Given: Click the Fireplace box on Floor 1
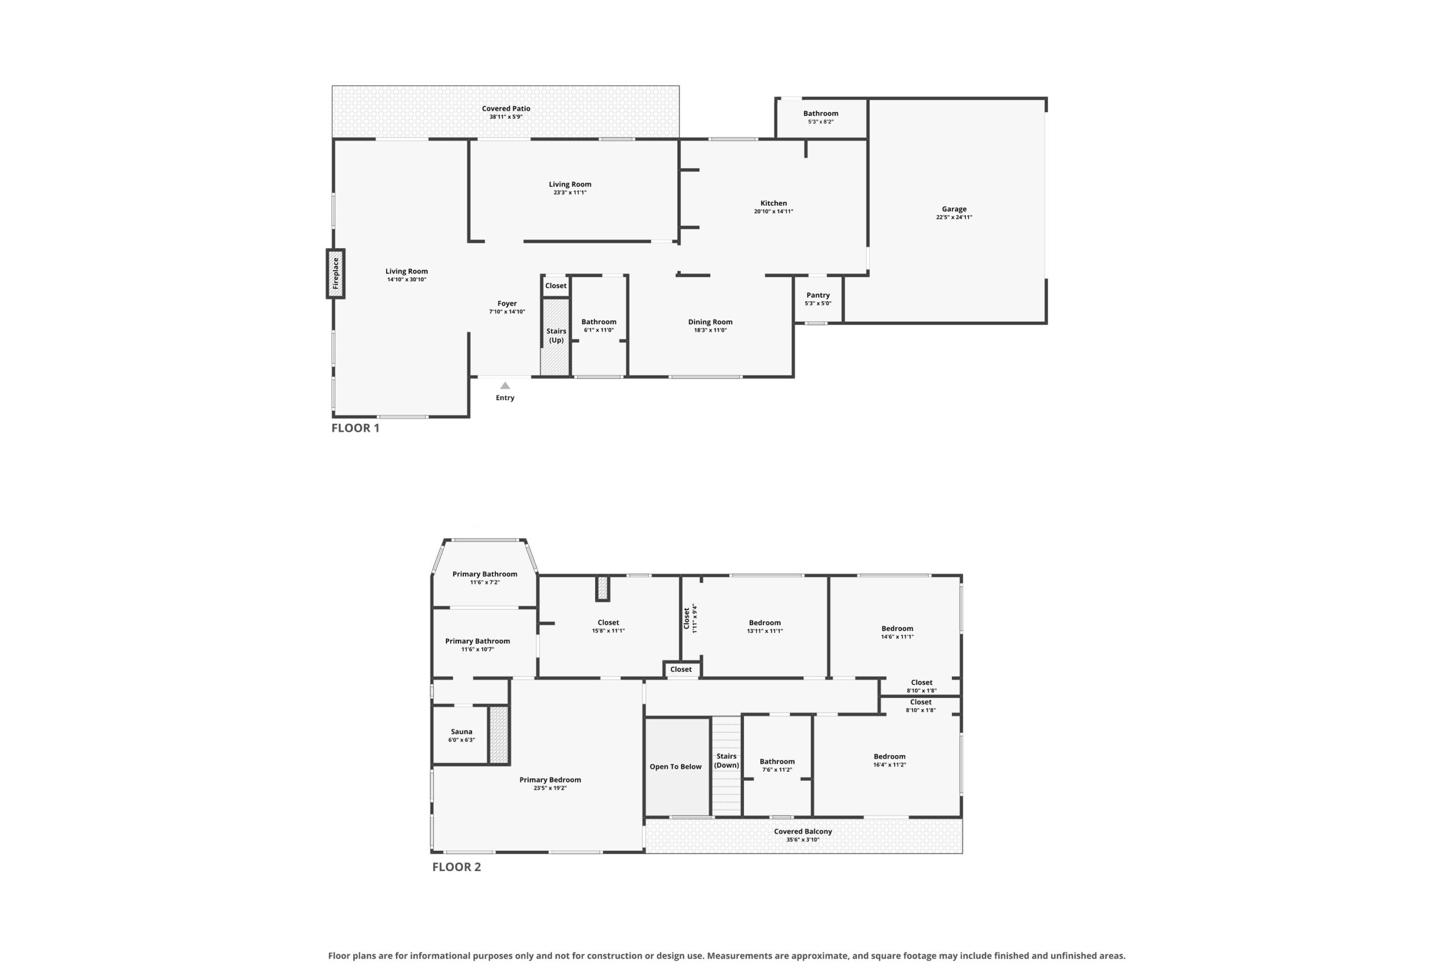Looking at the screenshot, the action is click(336, 273).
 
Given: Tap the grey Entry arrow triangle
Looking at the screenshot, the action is click(505, 385).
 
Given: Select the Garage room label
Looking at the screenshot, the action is click(954, 209).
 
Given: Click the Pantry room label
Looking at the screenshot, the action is click(818, 295).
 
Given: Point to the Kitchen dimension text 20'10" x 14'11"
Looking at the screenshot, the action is click(774, 211).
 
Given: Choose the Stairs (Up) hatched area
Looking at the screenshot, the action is click(555, 337).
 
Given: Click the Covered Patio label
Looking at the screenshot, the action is click(505, 109).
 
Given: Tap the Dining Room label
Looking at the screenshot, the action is click(710, 322).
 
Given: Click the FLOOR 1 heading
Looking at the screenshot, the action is click(356, 428).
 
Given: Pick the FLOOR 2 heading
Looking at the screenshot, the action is click(456, 867).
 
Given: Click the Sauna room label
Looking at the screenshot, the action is click(461, 731).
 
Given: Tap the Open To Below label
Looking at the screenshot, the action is click(675, 767).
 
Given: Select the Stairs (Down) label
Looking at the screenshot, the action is click(726, 760).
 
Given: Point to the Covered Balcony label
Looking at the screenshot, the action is click(803, 831).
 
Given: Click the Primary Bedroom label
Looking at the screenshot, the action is click(550, 780).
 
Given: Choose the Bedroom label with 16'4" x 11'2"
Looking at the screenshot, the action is click(889, 756).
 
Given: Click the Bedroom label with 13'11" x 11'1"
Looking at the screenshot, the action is click(764, 622).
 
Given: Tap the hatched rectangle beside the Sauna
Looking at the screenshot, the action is click(499, 734).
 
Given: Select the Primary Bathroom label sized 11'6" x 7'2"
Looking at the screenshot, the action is click(484, 574).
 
